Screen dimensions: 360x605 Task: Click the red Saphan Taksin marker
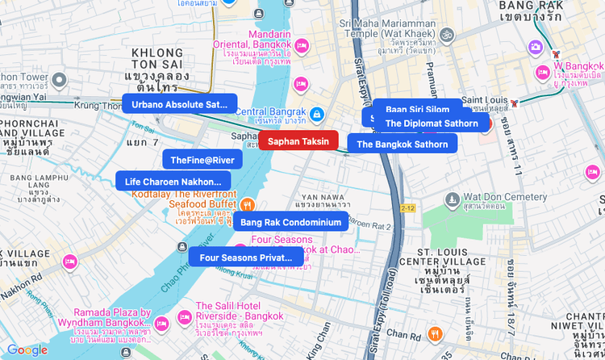pyautogui.click(x=298, y=141)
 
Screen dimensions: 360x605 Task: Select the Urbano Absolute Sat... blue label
pyautogui.click(x=179, y=105)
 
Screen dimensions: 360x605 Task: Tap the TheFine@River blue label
pyautogui.click(x=202, y=160)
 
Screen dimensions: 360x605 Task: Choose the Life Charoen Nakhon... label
pyautogui.click(x=173, y=182)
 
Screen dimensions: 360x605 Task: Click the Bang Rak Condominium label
pyautogui.click(x=290, y=222)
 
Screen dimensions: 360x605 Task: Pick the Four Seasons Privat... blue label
pyautogui.click(x=245, y=257)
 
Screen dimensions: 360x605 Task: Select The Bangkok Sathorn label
pyautogui.click(x=402, y=144)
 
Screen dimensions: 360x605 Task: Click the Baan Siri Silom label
pyautogui.click(x=417, y=108)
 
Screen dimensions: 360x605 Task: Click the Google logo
pyautogui.click(x=27, y=350)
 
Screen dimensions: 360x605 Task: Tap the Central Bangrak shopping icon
pyautogui.click(x=318, y=115)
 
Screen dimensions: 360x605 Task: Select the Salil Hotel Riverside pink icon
pyautogui.click(x=184, y=316)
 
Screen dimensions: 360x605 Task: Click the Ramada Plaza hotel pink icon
pyautogui.click(x=161, y=324)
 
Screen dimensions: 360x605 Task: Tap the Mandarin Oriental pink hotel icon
pyautogui.click(x=302, y=46)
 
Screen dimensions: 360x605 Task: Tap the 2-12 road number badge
pyautogui.click(x=407, y=208)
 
